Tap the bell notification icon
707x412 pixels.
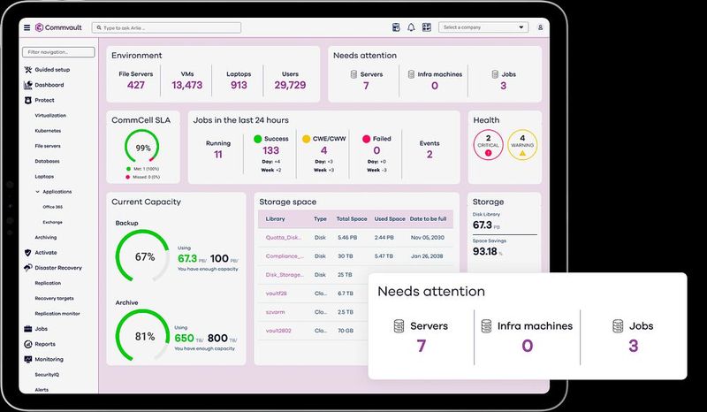click(x=411, y=27)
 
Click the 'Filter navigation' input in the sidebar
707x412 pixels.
click(x=58, y=52)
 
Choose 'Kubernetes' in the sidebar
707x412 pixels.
click(x=48, y=131)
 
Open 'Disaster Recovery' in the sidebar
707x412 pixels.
click(x=57, y=267)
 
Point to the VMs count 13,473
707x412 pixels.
click(x=187, y=85)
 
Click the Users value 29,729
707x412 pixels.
click(x=290, y=85)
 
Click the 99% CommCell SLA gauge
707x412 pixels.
click(x=142, y=148)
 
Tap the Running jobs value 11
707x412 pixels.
click(x=218, y=154)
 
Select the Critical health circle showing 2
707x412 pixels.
click(x=489, y=144)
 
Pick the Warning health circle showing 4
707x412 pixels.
click(x=522, y=144)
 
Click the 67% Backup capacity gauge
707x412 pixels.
click(x=144, y=257)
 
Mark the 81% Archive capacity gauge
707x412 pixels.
click(x=144, y=336)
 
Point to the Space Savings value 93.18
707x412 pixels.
click(x=485, y=251)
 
